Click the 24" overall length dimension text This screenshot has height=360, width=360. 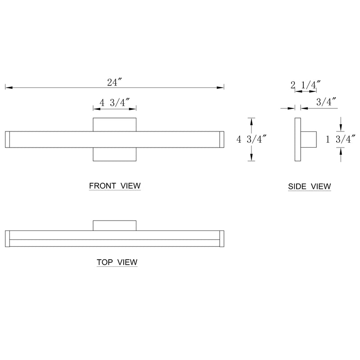coord(115,82)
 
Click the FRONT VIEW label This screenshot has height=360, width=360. coord(115,185)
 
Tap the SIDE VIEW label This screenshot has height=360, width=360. coord(310,186)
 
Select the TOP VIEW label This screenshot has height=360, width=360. coord(117,262)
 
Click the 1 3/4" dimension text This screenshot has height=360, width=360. coord(341,139)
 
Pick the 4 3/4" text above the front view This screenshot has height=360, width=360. coord(115,103)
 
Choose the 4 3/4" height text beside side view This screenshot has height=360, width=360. coord(252,139)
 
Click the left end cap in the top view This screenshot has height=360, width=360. coord(7,239)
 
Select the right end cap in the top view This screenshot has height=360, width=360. coord(221,239)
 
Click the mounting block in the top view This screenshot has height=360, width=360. coord(115,225)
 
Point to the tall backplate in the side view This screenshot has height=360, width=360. coord(297,139)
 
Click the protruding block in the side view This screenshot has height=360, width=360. coord(309,139)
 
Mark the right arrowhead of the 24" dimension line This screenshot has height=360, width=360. coord(222,87)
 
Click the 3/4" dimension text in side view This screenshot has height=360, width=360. coord(327,102)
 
